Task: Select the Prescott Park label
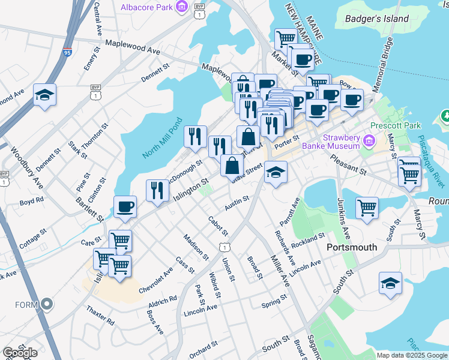(396, 126)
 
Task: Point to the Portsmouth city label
(351, 247)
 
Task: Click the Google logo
(20, 353)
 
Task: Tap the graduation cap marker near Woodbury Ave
(44, 95)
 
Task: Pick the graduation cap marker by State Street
(276, 172)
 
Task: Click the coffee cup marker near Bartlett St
(125, 207)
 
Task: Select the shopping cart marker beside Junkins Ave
(367, 208)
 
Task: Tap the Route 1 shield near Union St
(223, 247)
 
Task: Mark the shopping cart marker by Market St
(286, 39)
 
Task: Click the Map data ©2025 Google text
(411, 355)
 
